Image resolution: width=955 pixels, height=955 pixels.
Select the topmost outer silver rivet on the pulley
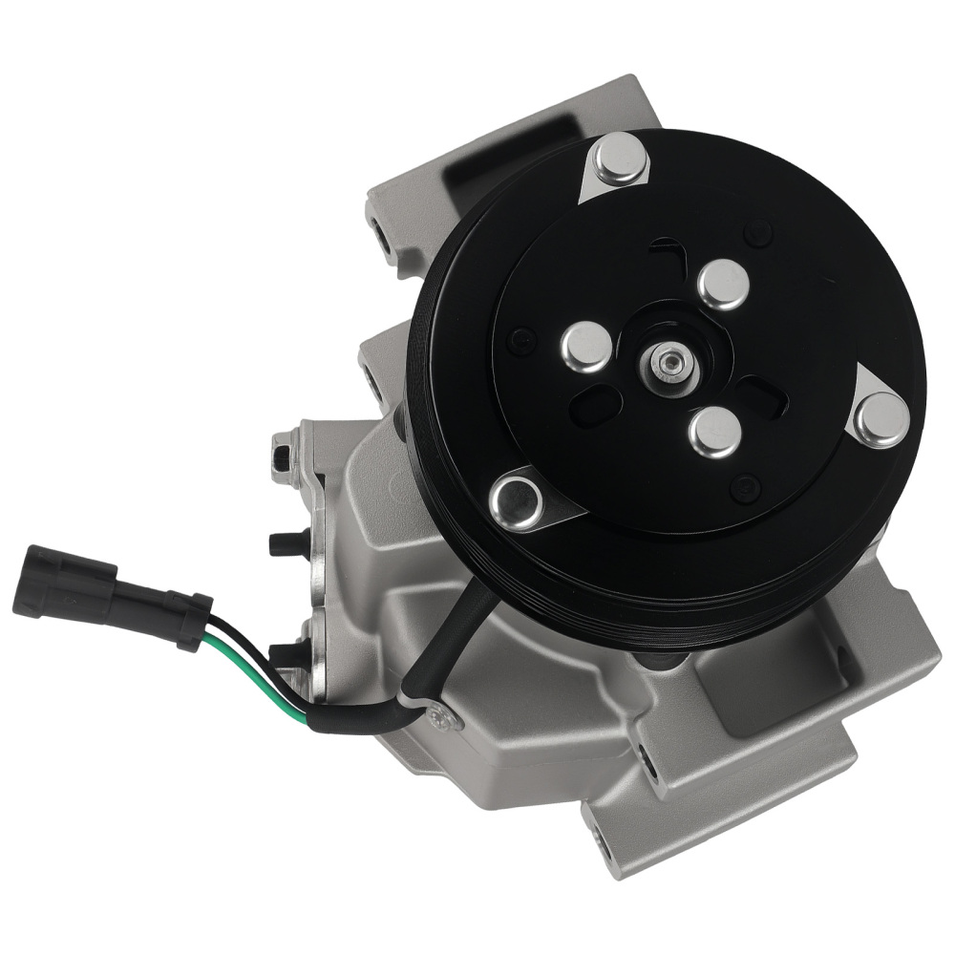619,159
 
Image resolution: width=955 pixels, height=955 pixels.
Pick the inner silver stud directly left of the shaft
585,346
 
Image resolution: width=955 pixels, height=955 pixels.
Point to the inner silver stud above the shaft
723,284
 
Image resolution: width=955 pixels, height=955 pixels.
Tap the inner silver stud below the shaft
714,432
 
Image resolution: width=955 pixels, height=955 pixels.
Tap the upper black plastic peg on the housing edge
283,542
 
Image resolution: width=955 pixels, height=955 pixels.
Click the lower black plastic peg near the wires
285,655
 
